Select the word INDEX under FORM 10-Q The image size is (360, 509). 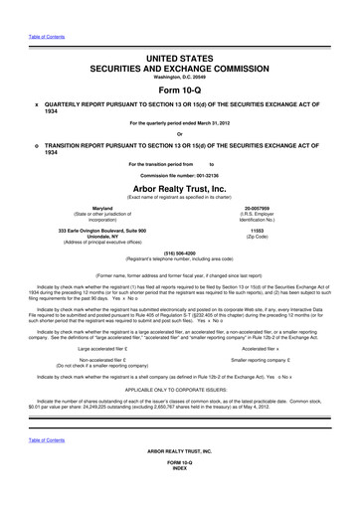click(180, 499)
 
